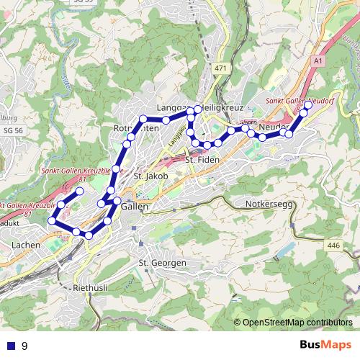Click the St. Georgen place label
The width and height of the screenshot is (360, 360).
pos(163,263)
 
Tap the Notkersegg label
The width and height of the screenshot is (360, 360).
pos(269,204)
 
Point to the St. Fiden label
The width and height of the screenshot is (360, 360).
pos(202,160)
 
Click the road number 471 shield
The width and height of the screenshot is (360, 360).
pos(220,68)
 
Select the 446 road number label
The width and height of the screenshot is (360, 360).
pos(333,246)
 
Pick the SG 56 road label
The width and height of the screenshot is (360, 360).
pos(13,130)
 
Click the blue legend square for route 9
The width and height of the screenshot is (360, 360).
pos(11,346)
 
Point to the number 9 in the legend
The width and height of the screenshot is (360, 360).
pos(24,346)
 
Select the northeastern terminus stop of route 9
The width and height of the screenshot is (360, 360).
pos(308,105)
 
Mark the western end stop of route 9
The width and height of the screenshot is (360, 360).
pos(51,221)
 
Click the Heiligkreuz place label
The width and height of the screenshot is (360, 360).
pos(222,107)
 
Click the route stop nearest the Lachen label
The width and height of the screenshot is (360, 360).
pos(51,221)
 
